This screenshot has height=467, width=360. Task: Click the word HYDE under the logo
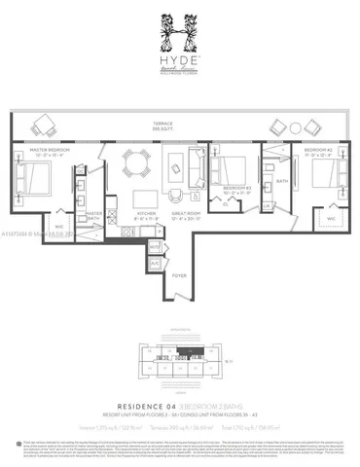tap(180, 71)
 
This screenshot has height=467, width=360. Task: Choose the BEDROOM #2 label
tap(322, 152)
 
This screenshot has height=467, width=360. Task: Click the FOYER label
tap(180, 276)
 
